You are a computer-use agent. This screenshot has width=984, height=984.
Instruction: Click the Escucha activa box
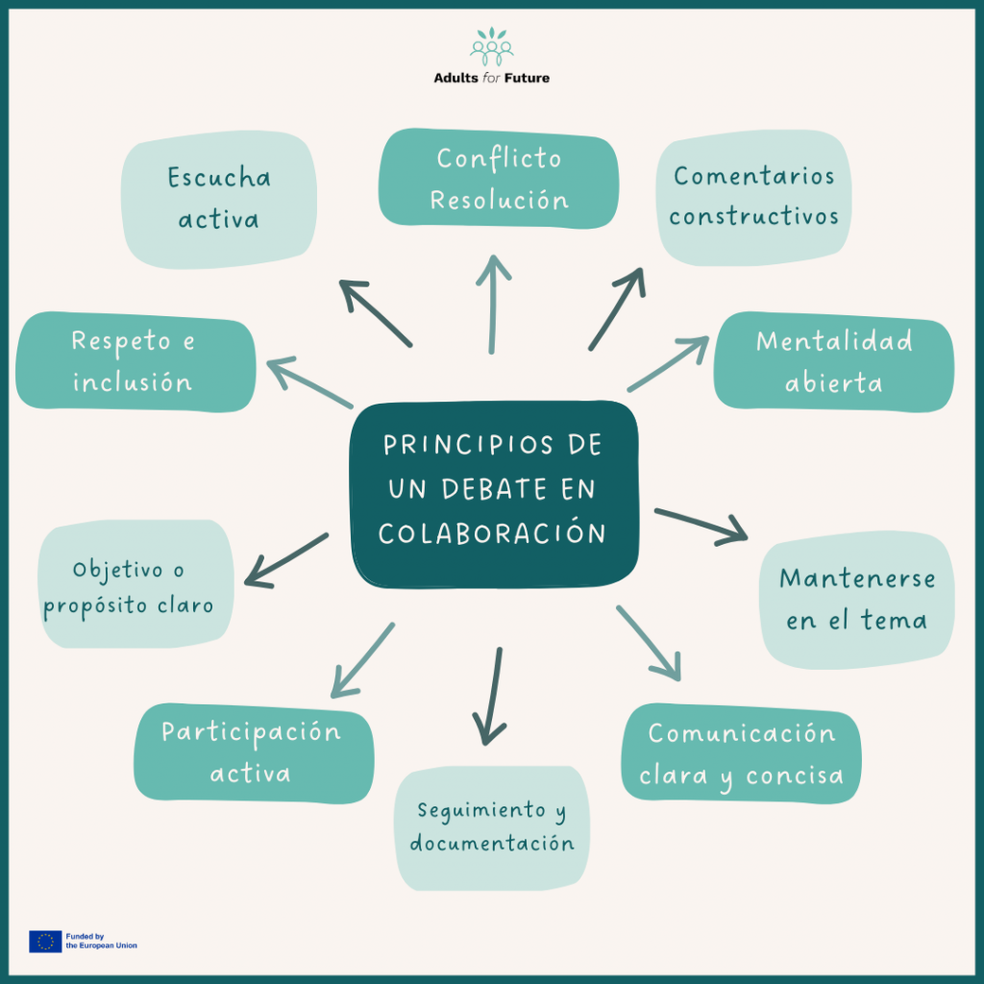(x=220, y=199)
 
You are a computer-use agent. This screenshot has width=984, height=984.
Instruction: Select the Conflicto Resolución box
(x=499, y=180)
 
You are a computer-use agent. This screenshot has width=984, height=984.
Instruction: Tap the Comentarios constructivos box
(x=753, y=197)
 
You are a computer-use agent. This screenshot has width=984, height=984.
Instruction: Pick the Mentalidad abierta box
(x=833, y=361)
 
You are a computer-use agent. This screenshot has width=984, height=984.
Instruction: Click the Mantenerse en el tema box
(x=856, y=600)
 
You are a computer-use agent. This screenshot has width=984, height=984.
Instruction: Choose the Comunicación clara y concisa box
(x=741, y=753)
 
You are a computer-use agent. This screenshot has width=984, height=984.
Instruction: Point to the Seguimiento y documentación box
(x=492, y=826)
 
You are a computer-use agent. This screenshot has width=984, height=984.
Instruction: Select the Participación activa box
(x=252, y=752)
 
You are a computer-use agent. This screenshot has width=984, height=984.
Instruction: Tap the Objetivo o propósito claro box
(x=135, y=586)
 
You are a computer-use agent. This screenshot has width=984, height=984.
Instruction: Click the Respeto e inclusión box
(x=135, y=361)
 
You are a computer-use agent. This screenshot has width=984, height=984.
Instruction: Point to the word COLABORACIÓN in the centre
(x=493, y=532)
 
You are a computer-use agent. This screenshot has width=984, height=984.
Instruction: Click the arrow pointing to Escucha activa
(x=375, y=313)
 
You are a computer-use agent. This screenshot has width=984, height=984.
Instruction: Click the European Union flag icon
(x=45, y=941)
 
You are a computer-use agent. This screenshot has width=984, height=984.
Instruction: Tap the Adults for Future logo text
(x=491, y=78)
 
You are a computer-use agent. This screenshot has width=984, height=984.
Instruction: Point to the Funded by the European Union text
(x=101, y=941)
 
